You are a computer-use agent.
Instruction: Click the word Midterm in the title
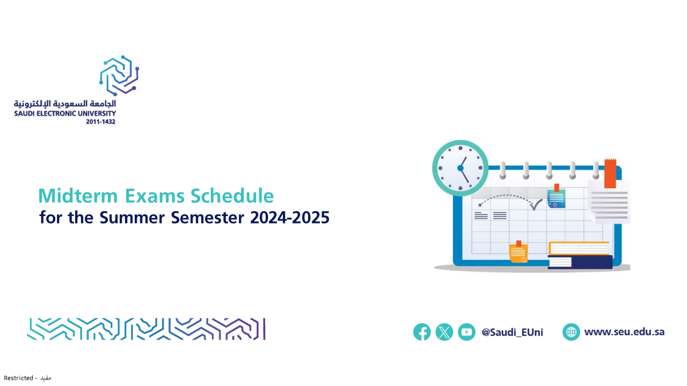(x=78, y=196)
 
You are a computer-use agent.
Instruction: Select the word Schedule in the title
(x=232, y=196)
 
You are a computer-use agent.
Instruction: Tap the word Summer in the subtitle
(x=132, y=218)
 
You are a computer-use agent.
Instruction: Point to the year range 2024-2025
(x=289, y=218)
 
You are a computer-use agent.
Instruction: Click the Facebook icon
(x=422, y=332)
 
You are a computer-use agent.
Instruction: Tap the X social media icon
(x=444, y=332)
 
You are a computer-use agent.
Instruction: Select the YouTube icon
(x=466, y=332)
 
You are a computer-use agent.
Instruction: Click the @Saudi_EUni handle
(x=512, y=332)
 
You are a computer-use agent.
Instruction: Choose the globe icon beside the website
(x=571, y=332)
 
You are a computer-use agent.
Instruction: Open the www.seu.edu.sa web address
(x=624, y=332)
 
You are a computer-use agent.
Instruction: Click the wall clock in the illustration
(x=461, y=168)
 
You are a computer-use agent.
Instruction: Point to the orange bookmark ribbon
(x=610, y=173)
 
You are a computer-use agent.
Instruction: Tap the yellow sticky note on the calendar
(x=518, y=252)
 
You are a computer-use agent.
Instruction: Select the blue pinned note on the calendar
(x=556, y=197)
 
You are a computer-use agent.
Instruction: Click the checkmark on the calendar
(x=536, y=205)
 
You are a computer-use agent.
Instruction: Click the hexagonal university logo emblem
(x=119, y=76)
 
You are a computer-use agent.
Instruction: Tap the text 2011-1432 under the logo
(x=100, y=122)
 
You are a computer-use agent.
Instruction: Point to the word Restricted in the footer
(x=18, y=378)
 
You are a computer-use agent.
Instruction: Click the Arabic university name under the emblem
(x=65, y=104)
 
